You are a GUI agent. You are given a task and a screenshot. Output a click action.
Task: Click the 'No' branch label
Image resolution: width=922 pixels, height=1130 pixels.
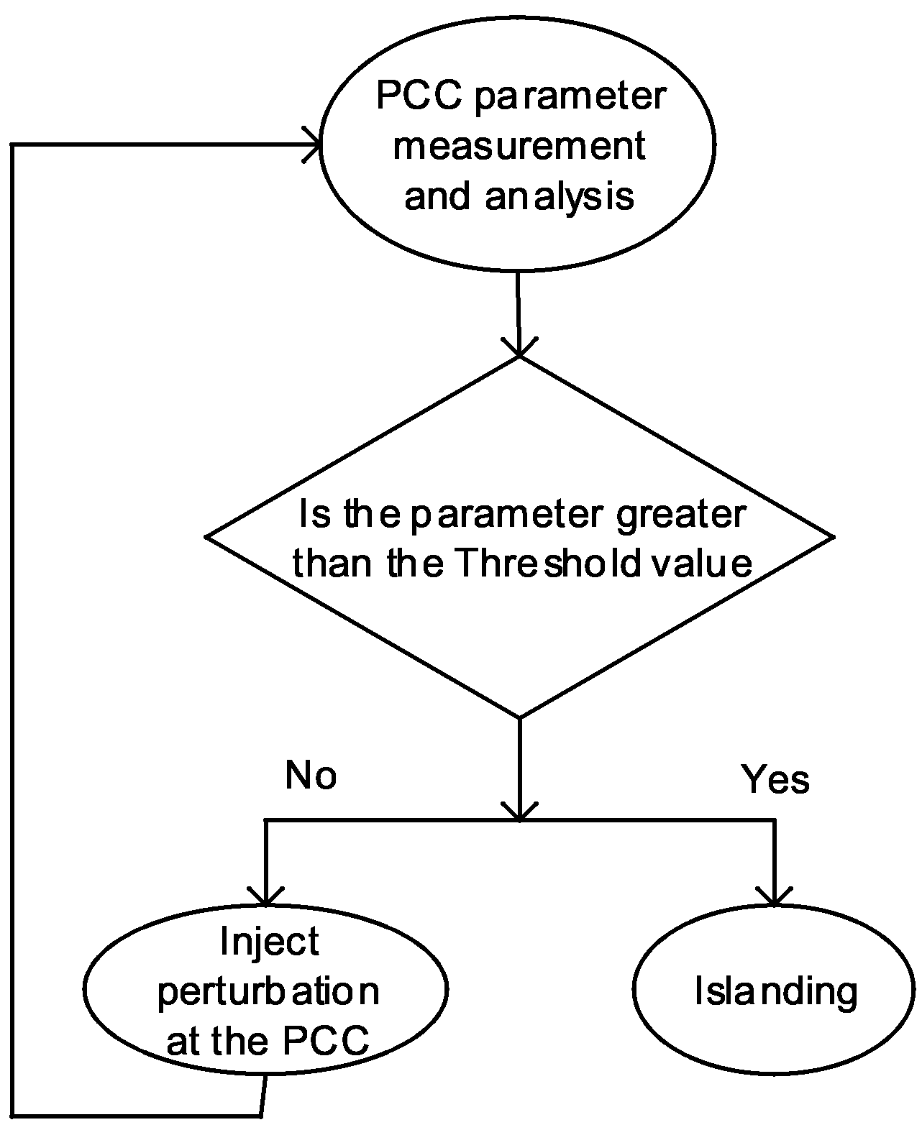[x=311, y=776]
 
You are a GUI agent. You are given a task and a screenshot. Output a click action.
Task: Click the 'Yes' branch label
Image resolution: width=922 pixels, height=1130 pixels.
[x=775, y=779]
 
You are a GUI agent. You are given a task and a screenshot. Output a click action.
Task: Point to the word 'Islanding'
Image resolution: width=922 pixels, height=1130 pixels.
[x=775, y=992]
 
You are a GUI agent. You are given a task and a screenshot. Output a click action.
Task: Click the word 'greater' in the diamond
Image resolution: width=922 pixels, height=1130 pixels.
[x=680, y=515]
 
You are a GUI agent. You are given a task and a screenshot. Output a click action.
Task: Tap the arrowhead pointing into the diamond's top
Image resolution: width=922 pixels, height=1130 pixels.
[x=519, y=348]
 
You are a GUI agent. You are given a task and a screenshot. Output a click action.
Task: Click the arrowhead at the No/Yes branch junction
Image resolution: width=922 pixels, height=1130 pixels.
[x=519, y=812]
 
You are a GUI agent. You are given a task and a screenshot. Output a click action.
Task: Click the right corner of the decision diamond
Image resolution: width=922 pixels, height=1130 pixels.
[x=832, y=536]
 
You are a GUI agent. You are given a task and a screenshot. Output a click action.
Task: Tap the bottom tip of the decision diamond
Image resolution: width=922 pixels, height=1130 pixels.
[x=519, y=716]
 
